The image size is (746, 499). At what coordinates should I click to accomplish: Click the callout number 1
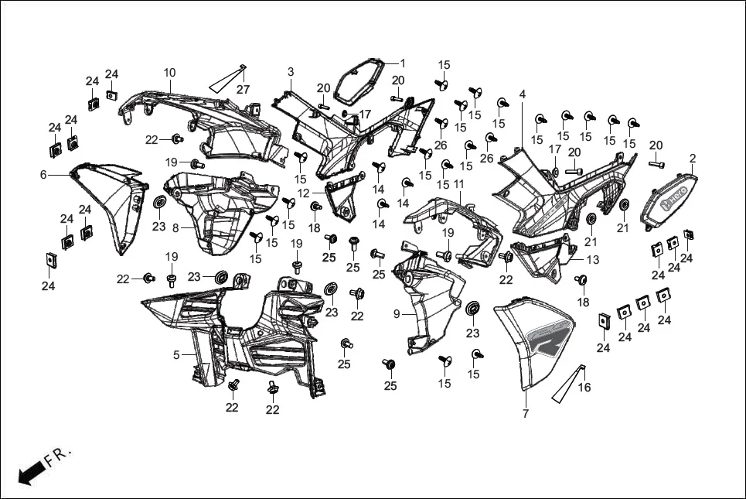[x=402, y=63]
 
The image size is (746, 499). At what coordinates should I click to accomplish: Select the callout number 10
[x=169, y=73]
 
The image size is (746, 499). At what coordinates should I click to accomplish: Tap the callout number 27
[x=243, y=90]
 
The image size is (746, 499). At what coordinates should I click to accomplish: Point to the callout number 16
[x=584, y=388]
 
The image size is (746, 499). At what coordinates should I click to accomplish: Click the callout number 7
[x=525, y=414]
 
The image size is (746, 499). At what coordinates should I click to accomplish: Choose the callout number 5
[x=176, y=355]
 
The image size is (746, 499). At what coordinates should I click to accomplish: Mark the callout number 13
[x=592, y=260]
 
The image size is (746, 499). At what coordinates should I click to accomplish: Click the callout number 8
[x=175, y=228]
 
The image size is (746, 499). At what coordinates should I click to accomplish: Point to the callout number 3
[x=291, y=72]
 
